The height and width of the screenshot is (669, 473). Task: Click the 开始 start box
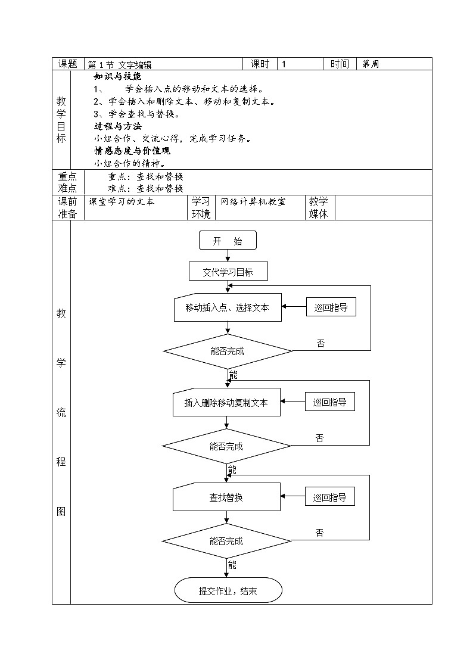tap(228, 241)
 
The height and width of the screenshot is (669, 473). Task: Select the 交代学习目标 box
tap(228, 272)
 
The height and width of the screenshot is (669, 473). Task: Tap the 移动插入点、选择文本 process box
tap(227, 308)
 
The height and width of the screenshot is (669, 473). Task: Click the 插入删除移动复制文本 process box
tap(226, 403)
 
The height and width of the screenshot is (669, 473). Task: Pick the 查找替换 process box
tap(226, 497)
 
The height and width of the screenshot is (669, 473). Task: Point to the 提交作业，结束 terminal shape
tap(228, 591)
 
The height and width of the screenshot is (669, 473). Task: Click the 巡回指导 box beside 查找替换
tap(329, 497)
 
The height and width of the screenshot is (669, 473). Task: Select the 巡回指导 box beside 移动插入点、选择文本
tap(331, 307)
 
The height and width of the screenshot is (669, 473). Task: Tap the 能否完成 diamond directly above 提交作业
tap(226, 541)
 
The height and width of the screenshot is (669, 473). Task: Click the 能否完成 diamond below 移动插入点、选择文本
tap(228, 351)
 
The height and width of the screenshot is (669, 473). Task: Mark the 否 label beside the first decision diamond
tap(320, 343)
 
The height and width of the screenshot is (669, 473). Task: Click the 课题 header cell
tap(68, 64)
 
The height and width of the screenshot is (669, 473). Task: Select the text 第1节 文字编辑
tap(119, 64)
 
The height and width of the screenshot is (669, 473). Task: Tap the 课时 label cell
tap(260, 64)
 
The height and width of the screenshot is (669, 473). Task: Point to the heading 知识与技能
tap(118, 76)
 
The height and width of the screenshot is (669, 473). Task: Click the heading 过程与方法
tap(118, 126)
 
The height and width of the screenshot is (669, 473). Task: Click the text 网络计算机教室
tap(253, 201)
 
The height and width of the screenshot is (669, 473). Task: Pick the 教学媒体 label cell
tap(318, 208)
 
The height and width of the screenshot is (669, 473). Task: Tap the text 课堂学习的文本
tap(122, 201)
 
